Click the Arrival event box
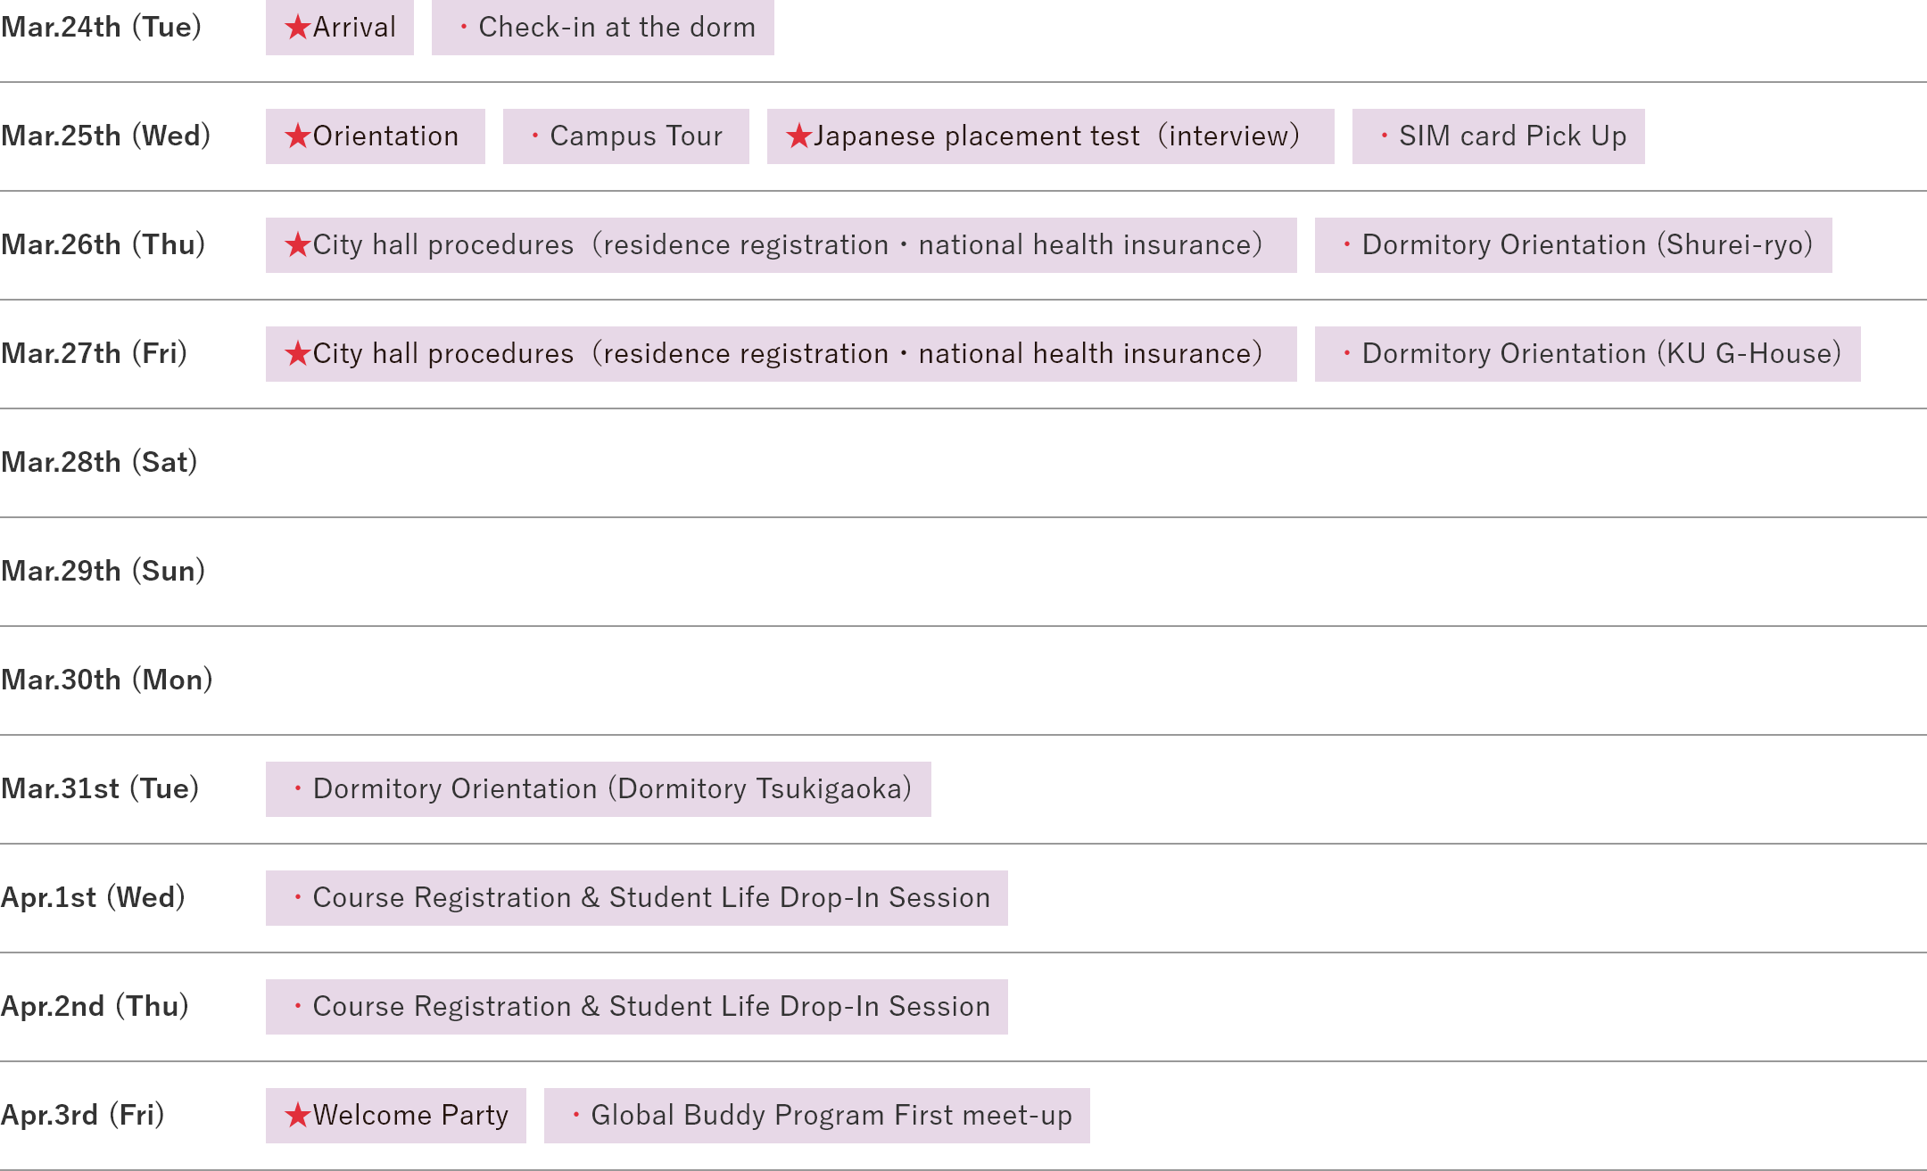340,28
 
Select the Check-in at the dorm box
603,28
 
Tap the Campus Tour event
626,136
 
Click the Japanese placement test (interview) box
1050,136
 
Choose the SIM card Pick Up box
1499,136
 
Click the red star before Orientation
297,136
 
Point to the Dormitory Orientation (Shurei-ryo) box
1573,245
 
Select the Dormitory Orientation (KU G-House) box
1587,354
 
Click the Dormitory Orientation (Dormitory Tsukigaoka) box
598,789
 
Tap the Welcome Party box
396,1116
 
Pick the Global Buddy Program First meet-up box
816,1116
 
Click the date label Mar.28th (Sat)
99,462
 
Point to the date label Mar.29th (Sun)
103,571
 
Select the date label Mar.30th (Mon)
106,680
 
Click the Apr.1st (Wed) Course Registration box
636,898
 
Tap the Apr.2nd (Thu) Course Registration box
636,1007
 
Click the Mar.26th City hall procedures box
781,245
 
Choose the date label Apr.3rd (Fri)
82,1115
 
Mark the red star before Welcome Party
297,1116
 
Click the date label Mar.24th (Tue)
101,27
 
